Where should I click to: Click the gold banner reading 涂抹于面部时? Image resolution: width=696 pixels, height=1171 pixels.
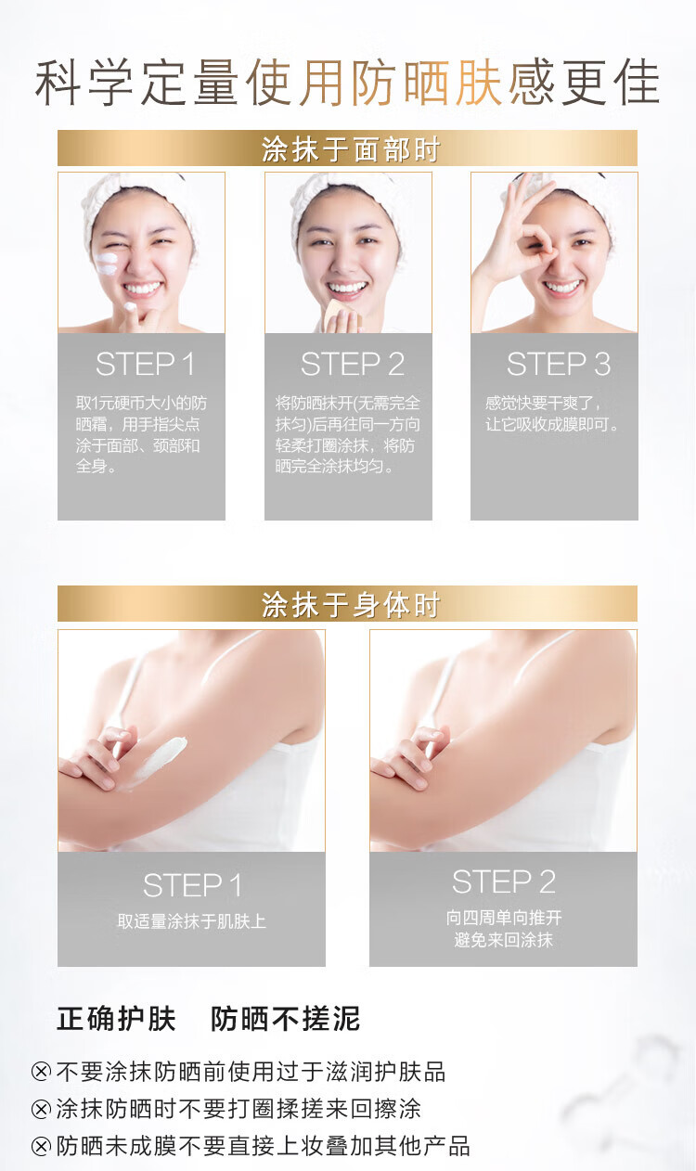click(x=347, y=148)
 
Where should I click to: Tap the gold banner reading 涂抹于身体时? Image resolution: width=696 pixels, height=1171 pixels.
click(x=347, y=604)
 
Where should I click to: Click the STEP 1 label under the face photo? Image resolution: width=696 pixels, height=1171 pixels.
click(x=145, y=364)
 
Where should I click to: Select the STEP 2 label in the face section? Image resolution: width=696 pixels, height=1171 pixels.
click(x=353, y=364)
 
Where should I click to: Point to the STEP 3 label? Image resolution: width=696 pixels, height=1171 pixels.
click(x=559, y=364)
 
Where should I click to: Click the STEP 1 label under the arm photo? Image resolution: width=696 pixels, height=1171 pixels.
click(x=192, y=885)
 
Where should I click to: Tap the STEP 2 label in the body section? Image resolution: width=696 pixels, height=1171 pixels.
click(x=504, y=881)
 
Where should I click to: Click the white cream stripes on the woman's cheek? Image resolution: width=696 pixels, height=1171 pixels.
click(x=107, y=264)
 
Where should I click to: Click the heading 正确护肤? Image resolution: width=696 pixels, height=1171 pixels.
click(x=116, y=1018)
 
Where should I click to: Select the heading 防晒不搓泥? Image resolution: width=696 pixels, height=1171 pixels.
click(x=285, y=1018)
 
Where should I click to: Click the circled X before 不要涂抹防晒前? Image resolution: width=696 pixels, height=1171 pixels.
click(x=41, y=1072)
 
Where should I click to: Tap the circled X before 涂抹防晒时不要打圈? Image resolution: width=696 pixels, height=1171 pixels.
click(x=41, y=1109)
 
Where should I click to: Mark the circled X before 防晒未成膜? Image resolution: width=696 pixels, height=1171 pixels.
click(x=41, y=1147)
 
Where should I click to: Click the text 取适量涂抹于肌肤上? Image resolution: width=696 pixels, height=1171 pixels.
click(x=192, y=921)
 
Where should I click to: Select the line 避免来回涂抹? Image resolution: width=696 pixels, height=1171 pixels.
click(x=504, y=940)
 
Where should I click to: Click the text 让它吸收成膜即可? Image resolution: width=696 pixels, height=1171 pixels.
click(x=552, y=424)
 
